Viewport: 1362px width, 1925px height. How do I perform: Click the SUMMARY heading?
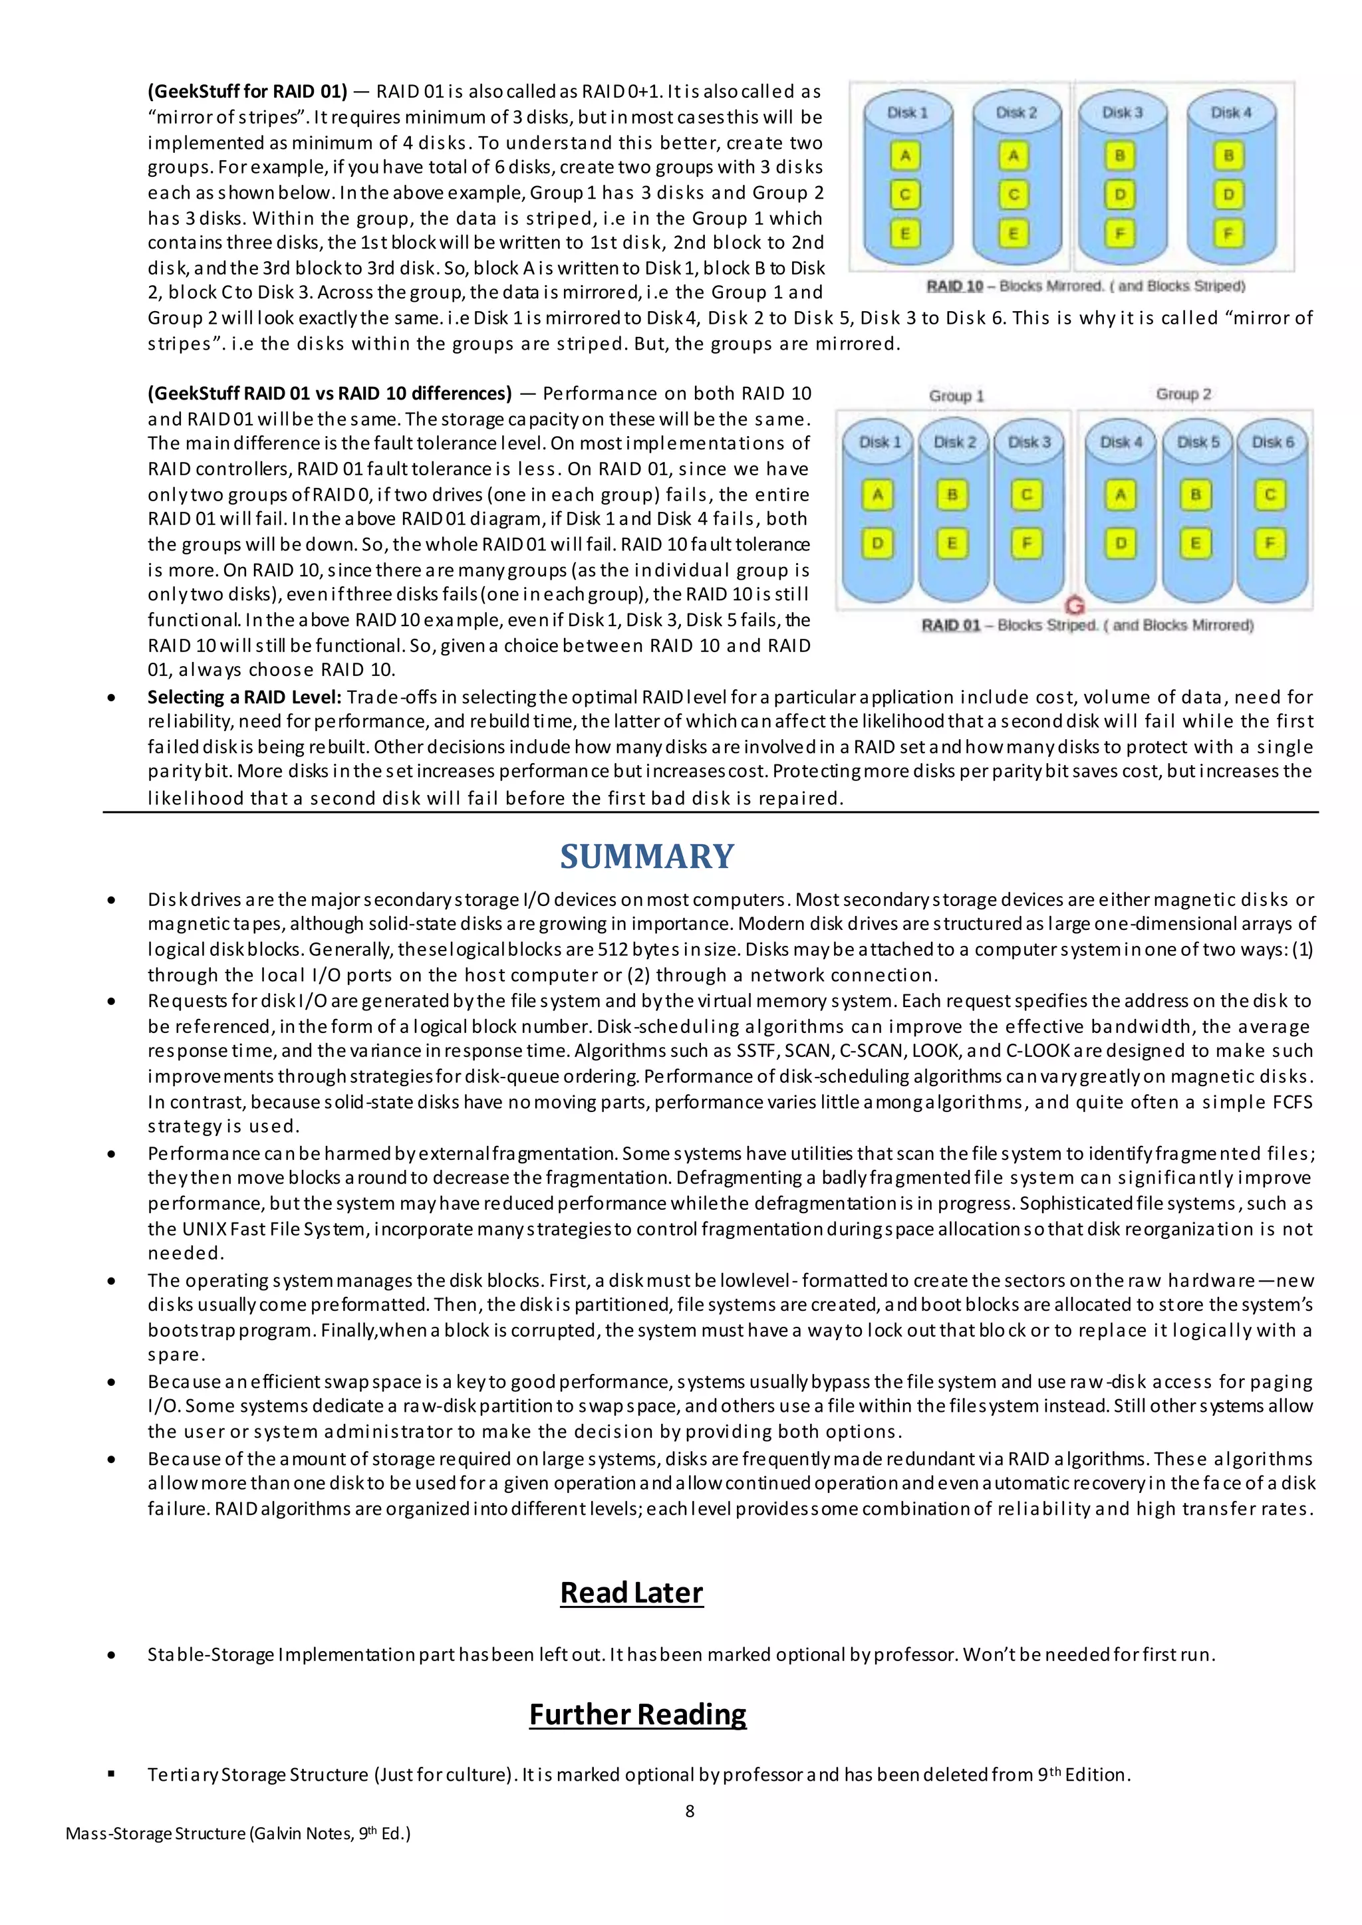(x=646, y=856)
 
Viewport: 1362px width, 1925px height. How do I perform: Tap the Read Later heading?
(x=632, y=1592)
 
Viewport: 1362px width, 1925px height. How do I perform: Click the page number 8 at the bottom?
(x=690, y=1811)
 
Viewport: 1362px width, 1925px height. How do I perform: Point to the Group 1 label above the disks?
(x=956, y=395)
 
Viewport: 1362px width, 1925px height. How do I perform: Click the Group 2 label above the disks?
(x=1182, y=394)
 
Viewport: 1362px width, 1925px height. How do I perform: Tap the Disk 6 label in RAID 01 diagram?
(x=1272, y=442)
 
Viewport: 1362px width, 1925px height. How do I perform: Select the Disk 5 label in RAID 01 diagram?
(x=1198, y=442)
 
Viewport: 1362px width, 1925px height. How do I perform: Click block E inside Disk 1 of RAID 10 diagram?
(x=905, y=233)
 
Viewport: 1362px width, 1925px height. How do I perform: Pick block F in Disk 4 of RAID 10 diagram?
(x=1228, y=233)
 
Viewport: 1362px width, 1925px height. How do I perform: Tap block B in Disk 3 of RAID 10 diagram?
(x=1120, y=156)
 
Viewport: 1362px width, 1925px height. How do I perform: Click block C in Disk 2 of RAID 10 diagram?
(x=1013, y=195)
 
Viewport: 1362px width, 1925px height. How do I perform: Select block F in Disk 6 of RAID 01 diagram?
(x=1270, y=543)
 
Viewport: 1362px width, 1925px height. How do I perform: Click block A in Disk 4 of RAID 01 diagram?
(x=1121, y=495)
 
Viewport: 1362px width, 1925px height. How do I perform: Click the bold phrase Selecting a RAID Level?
(x=244, y=697)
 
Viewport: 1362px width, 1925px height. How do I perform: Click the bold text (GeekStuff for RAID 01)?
(x=247, y=90)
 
